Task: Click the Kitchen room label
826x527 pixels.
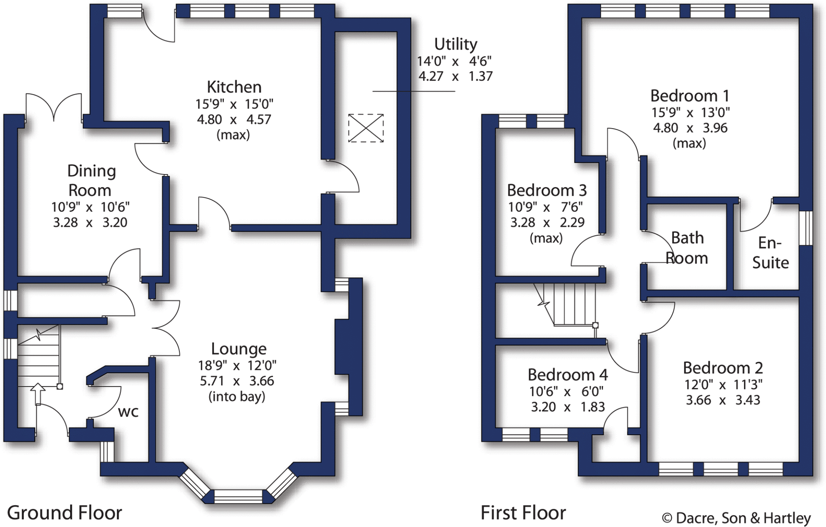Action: [234, 87]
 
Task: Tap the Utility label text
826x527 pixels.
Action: [455, 44]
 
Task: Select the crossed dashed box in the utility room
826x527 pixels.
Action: [366, 128]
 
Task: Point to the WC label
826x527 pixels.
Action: [128, 412]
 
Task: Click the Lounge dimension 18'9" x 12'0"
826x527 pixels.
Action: [237, 365]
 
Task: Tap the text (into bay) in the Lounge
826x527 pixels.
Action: [237, 397]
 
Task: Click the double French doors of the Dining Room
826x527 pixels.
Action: [54, 107]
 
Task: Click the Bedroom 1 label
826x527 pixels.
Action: [690, 96]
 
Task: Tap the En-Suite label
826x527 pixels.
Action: [770, 253]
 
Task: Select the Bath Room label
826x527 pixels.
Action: [687, 248]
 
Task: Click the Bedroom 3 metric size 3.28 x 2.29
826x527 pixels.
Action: [547, 222]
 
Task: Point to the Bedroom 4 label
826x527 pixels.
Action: [567, 375]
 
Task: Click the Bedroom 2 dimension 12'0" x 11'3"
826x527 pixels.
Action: [723, 385]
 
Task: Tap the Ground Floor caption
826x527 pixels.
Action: [65, 513]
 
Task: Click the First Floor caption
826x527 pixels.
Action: [523, 513]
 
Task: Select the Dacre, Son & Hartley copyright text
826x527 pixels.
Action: [736, 518]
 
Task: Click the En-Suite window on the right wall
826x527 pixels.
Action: [806, 228]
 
